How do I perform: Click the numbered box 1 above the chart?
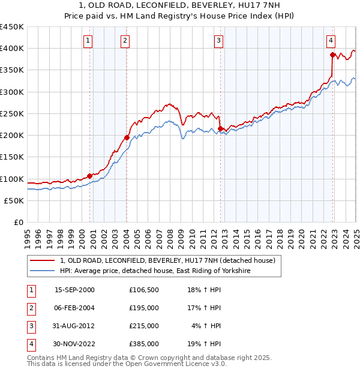click(88, 41)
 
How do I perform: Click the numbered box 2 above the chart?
click(124, 41)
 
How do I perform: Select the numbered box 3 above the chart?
click(218, 41)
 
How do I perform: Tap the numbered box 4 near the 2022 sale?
click(331, 41)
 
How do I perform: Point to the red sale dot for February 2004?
click(127, 137)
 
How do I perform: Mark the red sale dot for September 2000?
click(89, 176)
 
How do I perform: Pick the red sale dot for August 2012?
click(220, 128)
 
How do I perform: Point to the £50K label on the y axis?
click(14, 201)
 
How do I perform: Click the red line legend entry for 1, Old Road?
click(167, 260)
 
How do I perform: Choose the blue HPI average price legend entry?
click(154, 271)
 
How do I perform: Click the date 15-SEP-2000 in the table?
click(74, 290)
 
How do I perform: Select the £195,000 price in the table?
click(144, 308)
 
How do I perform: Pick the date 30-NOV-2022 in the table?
click(74, 344)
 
